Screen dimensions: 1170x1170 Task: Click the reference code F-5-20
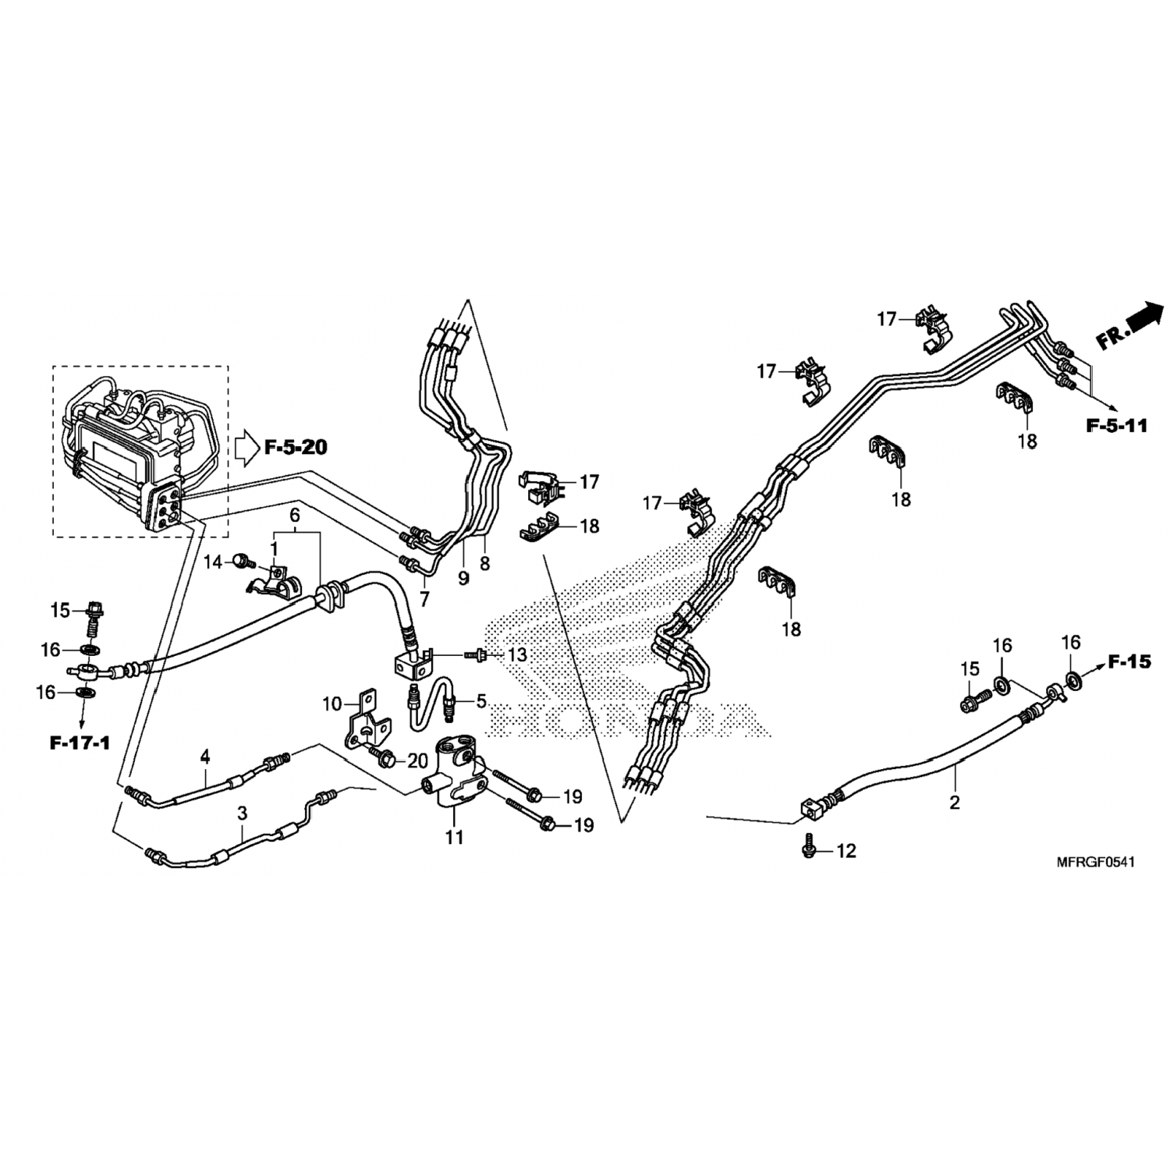click(x=296, y=448)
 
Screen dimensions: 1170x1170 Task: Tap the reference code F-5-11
click(x=1117, y=426)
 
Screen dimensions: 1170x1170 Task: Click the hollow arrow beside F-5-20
click(x=246, y=448)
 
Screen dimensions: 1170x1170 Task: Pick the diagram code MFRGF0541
click(x=1095, y=862)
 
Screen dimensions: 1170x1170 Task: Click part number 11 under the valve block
click(x=454, y=838)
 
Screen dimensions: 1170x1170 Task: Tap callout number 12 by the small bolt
click(x=846, y=850)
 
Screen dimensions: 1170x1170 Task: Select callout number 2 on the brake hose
click(x=955, y=802)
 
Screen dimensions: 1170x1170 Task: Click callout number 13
click(x=517, y=654)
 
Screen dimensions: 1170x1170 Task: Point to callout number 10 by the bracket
click(x=333, y=704)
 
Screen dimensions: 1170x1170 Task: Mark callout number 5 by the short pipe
click(x=481, y=701)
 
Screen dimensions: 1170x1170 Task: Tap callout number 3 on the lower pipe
click(x=243, y=813)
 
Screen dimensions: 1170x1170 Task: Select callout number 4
click(x=205, y=756)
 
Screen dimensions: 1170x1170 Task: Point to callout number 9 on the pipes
click(x=464, y=579)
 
